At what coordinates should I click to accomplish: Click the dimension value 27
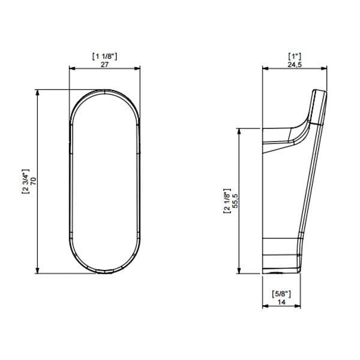pyautogui.click(x=104, y=64)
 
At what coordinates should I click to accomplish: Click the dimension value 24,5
pyautogui.click(x=295, y=64)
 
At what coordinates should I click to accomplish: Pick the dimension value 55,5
pyautogui.click(x=236, y=200)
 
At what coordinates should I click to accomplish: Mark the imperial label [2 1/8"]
pyautogui.click(x=227, y=200)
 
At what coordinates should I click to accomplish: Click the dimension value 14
pyautogui.click(x=281, y=302)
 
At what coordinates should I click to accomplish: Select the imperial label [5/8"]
pyautogui.click(x=281, y=294)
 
